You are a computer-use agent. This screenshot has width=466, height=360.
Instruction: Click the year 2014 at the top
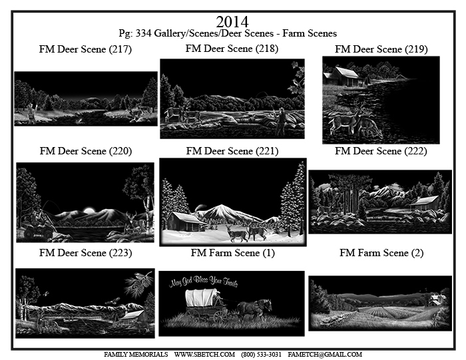[232, 22]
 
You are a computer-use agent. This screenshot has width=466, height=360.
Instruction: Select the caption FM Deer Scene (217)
[85, 49]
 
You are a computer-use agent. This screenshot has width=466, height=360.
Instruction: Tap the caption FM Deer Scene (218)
[232, 49]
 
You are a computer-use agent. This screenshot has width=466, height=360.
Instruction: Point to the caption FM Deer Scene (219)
[381, 49]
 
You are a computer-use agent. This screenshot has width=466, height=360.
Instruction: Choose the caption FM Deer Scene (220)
[86, 151]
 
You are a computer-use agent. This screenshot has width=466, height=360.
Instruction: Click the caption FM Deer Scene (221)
[232, 151]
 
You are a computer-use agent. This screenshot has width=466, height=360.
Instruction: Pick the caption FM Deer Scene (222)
[381, 151]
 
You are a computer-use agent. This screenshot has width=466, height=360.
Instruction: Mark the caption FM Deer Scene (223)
[86, 253]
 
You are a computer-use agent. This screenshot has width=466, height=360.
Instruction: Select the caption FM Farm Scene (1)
[233, 253]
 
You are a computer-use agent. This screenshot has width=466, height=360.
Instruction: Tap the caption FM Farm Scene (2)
[381, 253]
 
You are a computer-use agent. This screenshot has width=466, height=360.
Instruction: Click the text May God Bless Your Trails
[204, 281]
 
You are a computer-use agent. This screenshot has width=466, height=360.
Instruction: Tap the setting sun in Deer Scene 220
[89, 211]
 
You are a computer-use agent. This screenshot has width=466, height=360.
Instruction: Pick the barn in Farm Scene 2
[435, 299]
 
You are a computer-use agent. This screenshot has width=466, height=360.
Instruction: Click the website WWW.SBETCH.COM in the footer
[204, 355]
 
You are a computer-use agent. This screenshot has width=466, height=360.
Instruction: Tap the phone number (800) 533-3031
[261, 355]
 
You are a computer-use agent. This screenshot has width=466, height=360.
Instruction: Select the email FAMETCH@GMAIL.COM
[325, 355]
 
